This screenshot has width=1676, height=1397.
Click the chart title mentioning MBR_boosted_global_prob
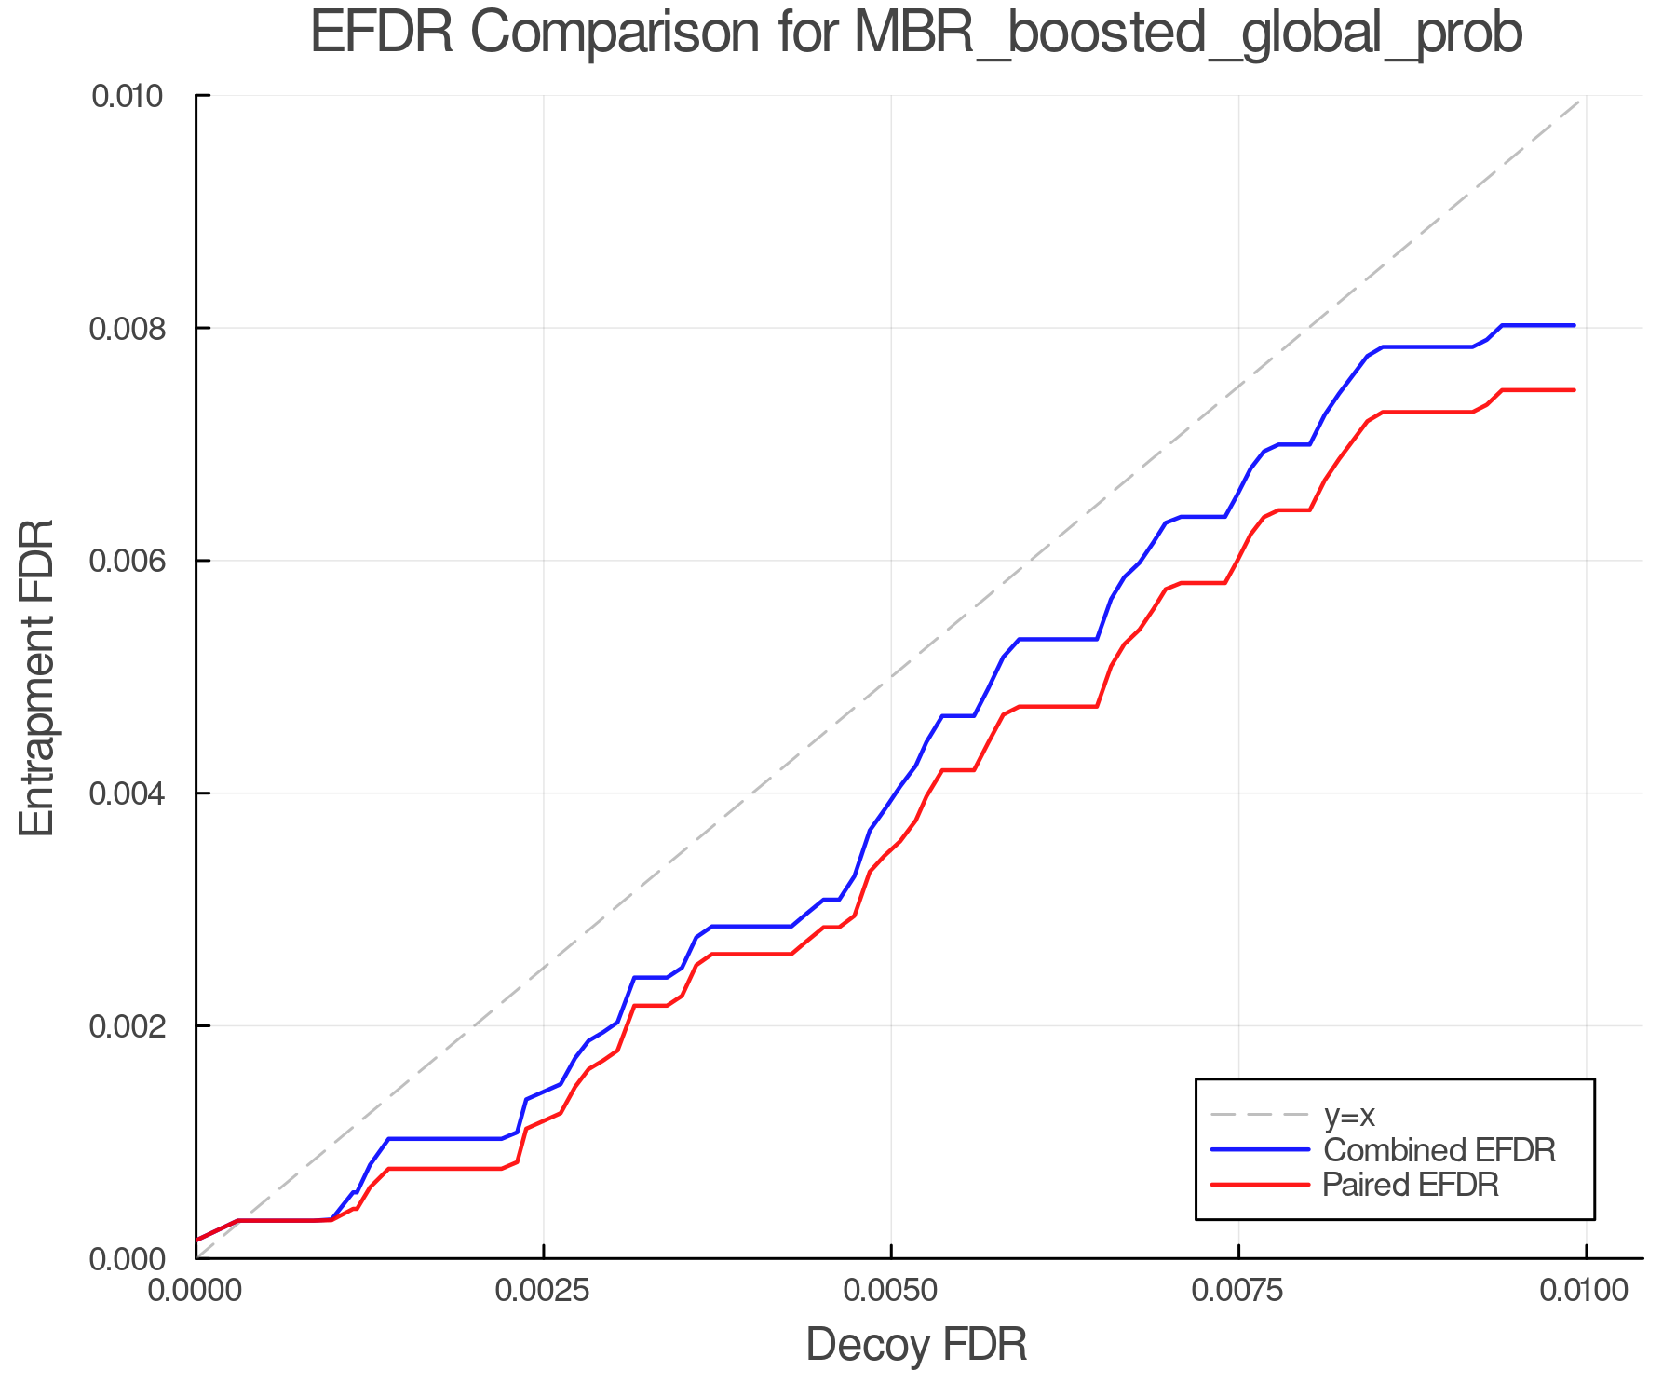click(916, 34)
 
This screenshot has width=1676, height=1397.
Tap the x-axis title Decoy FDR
click(916, 1345)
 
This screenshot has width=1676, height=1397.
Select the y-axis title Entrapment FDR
click(37, 678)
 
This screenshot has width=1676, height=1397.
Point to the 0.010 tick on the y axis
click(140, 96)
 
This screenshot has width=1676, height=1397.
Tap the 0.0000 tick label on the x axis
click(196, 1291)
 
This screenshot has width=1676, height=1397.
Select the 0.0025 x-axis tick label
click(544, 1291)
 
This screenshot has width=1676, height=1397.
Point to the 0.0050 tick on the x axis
click(891, 1291)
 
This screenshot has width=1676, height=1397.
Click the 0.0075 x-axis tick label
click(1238, 1291)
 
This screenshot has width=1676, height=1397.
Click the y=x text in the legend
click(1349, 1115)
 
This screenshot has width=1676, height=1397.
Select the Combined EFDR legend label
click(1439, 1150)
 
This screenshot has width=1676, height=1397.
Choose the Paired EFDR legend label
click(1411, 1185)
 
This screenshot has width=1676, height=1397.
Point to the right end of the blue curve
click(1574, 325)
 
